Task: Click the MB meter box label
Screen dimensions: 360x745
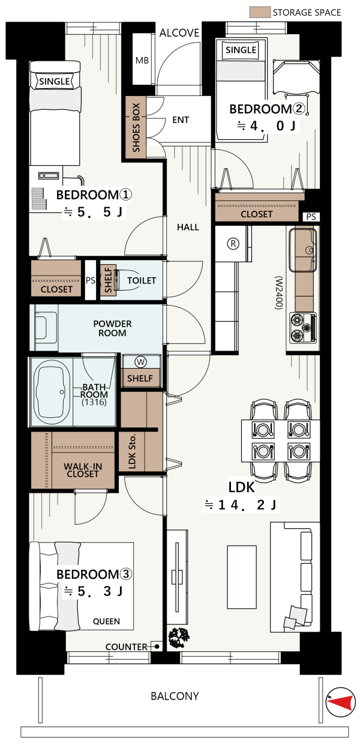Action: tap(142, 61)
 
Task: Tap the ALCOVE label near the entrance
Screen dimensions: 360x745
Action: tap(179, 33)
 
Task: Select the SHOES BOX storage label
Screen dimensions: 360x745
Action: tap(136, 127)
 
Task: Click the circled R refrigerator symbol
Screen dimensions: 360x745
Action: tap(233, 244)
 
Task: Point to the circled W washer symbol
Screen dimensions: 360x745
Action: tap(141, 362)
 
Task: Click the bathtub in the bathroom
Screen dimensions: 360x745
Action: tap(52, 393)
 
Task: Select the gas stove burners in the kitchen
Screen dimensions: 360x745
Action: tap(302, 328)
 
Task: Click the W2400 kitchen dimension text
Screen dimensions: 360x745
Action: tap(278, 293)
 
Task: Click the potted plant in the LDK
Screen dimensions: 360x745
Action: tap(179, 638)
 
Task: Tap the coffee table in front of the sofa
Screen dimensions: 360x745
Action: tap(242, 577)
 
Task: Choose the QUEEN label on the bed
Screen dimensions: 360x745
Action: tap(106, 621)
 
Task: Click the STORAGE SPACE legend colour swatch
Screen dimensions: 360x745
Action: tap(260, 12)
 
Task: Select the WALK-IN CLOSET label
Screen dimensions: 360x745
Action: tap(83, 470)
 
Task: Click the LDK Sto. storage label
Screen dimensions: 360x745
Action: tap(132, 451)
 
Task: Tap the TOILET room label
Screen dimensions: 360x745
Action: tap(142, 281)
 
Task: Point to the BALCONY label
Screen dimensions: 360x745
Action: tap(175, 696)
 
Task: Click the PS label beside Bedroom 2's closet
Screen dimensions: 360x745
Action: tap(311, 217)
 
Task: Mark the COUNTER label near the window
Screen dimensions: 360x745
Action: tap(127, 647)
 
